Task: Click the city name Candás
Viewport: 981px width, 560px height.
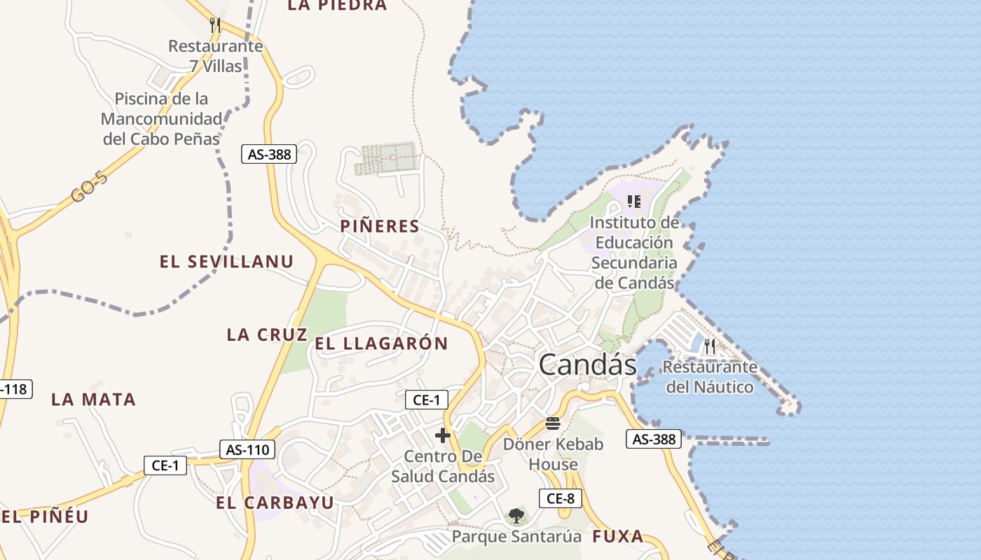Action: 587,365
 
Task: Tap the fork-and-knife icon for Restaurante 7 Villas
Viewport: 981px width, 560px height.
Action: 215,25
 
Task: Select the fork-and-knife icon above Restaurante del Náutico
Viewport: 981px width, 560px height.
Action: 710,346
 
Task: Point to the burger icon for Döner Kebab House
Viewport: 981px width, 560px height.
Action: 553,423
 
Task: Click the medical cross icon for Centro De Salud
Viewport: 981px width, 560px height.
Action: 443,435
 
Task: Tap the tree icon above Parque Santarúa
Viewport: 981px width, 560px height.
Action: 516,517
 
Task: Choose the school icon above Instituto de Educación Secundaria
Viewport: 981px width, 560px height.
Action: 634,202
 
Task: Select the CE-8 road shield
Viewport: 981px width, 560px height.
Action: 561,498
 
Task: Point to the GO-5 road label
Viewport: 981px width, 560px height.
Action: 90,188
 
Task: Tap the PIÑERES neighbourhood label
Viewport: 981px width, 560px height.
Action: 380,226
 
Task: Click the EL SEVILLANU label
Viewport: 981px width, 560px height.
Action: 226,262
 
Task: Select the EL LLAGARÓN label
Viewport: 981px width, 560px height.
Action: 381,343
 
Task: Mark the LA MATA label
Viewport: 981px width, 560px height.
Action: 93,399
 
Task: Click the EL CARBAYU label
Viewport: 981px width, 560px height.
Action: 275,503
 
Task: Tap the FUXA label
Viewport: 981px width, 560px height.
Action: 617,536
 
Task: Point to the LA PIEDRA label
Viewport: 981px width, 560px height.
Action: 337,6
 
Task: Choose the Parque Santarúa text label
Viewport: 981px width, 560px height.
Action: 516,537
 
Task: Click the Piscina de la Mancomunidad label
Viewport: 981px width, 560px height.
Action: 161,118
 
